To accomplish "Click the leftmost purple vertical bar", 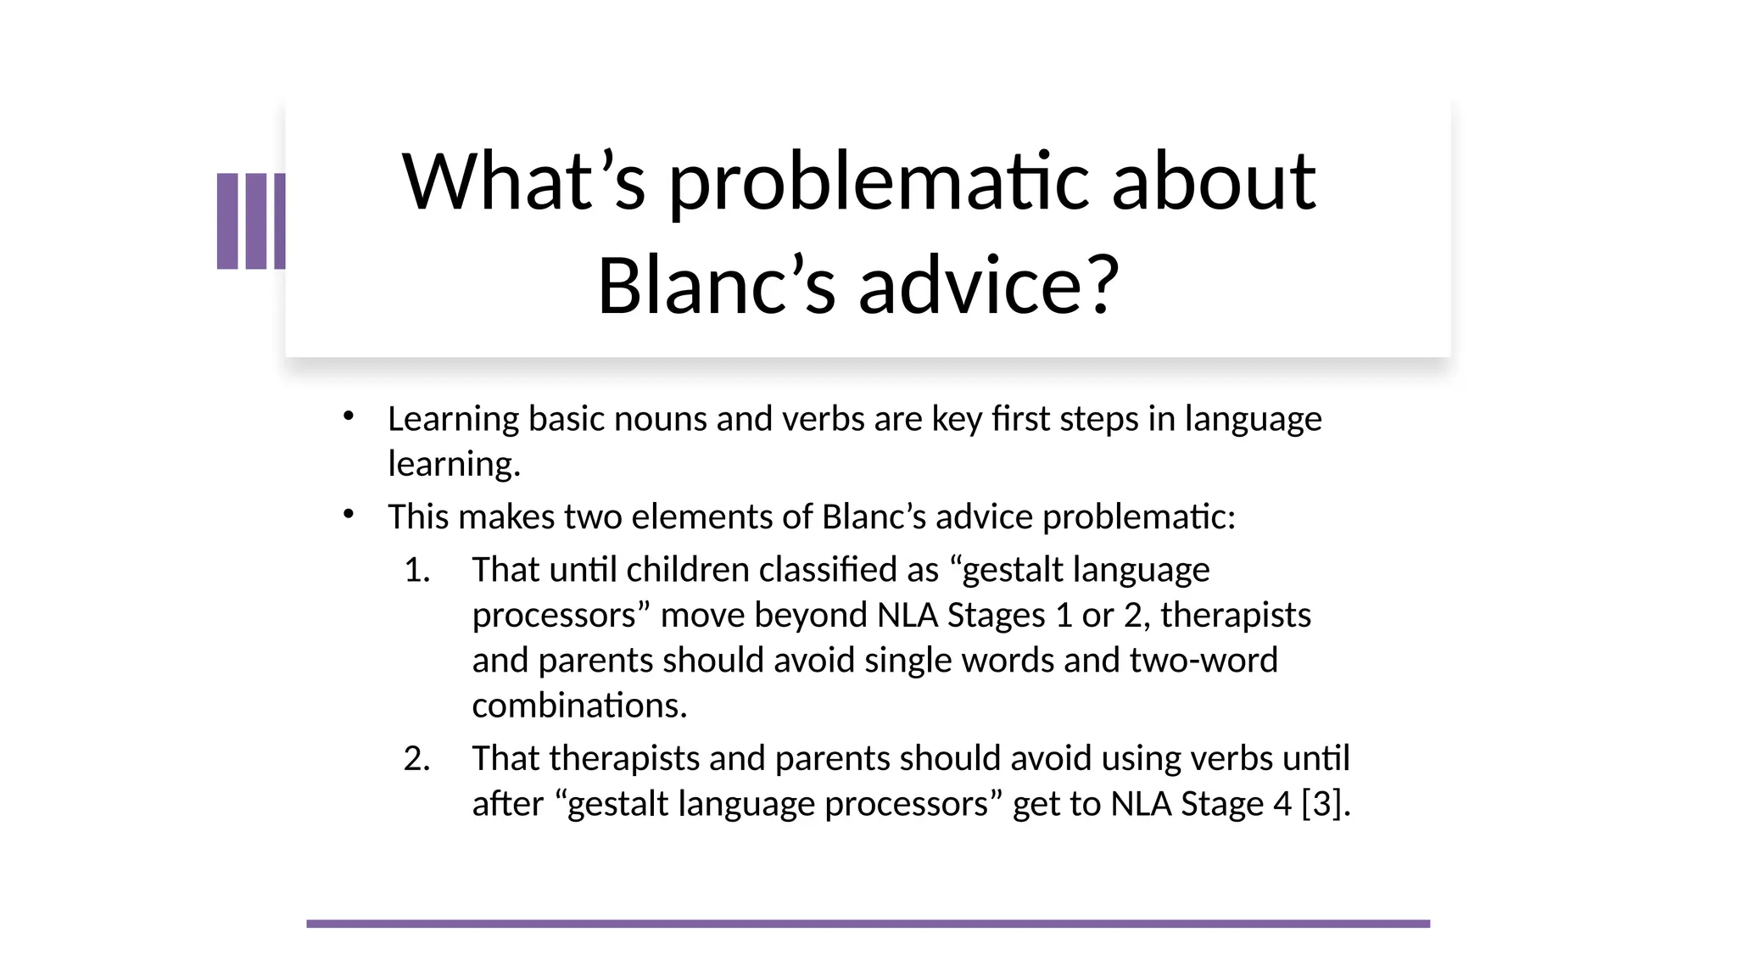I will (227, 221).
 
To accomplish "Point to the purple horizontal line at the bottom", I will (868, 924).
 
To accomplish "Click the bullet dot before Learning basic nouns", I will (348, 416).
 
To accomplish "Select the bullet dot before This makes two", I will (348, 513).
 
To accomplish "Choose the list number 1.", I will (416, 570).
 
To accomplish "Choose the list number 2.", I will (416, 758).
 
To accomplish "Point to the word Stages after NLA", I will (996, 615).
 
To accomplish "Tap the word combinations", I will (579, 706).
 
